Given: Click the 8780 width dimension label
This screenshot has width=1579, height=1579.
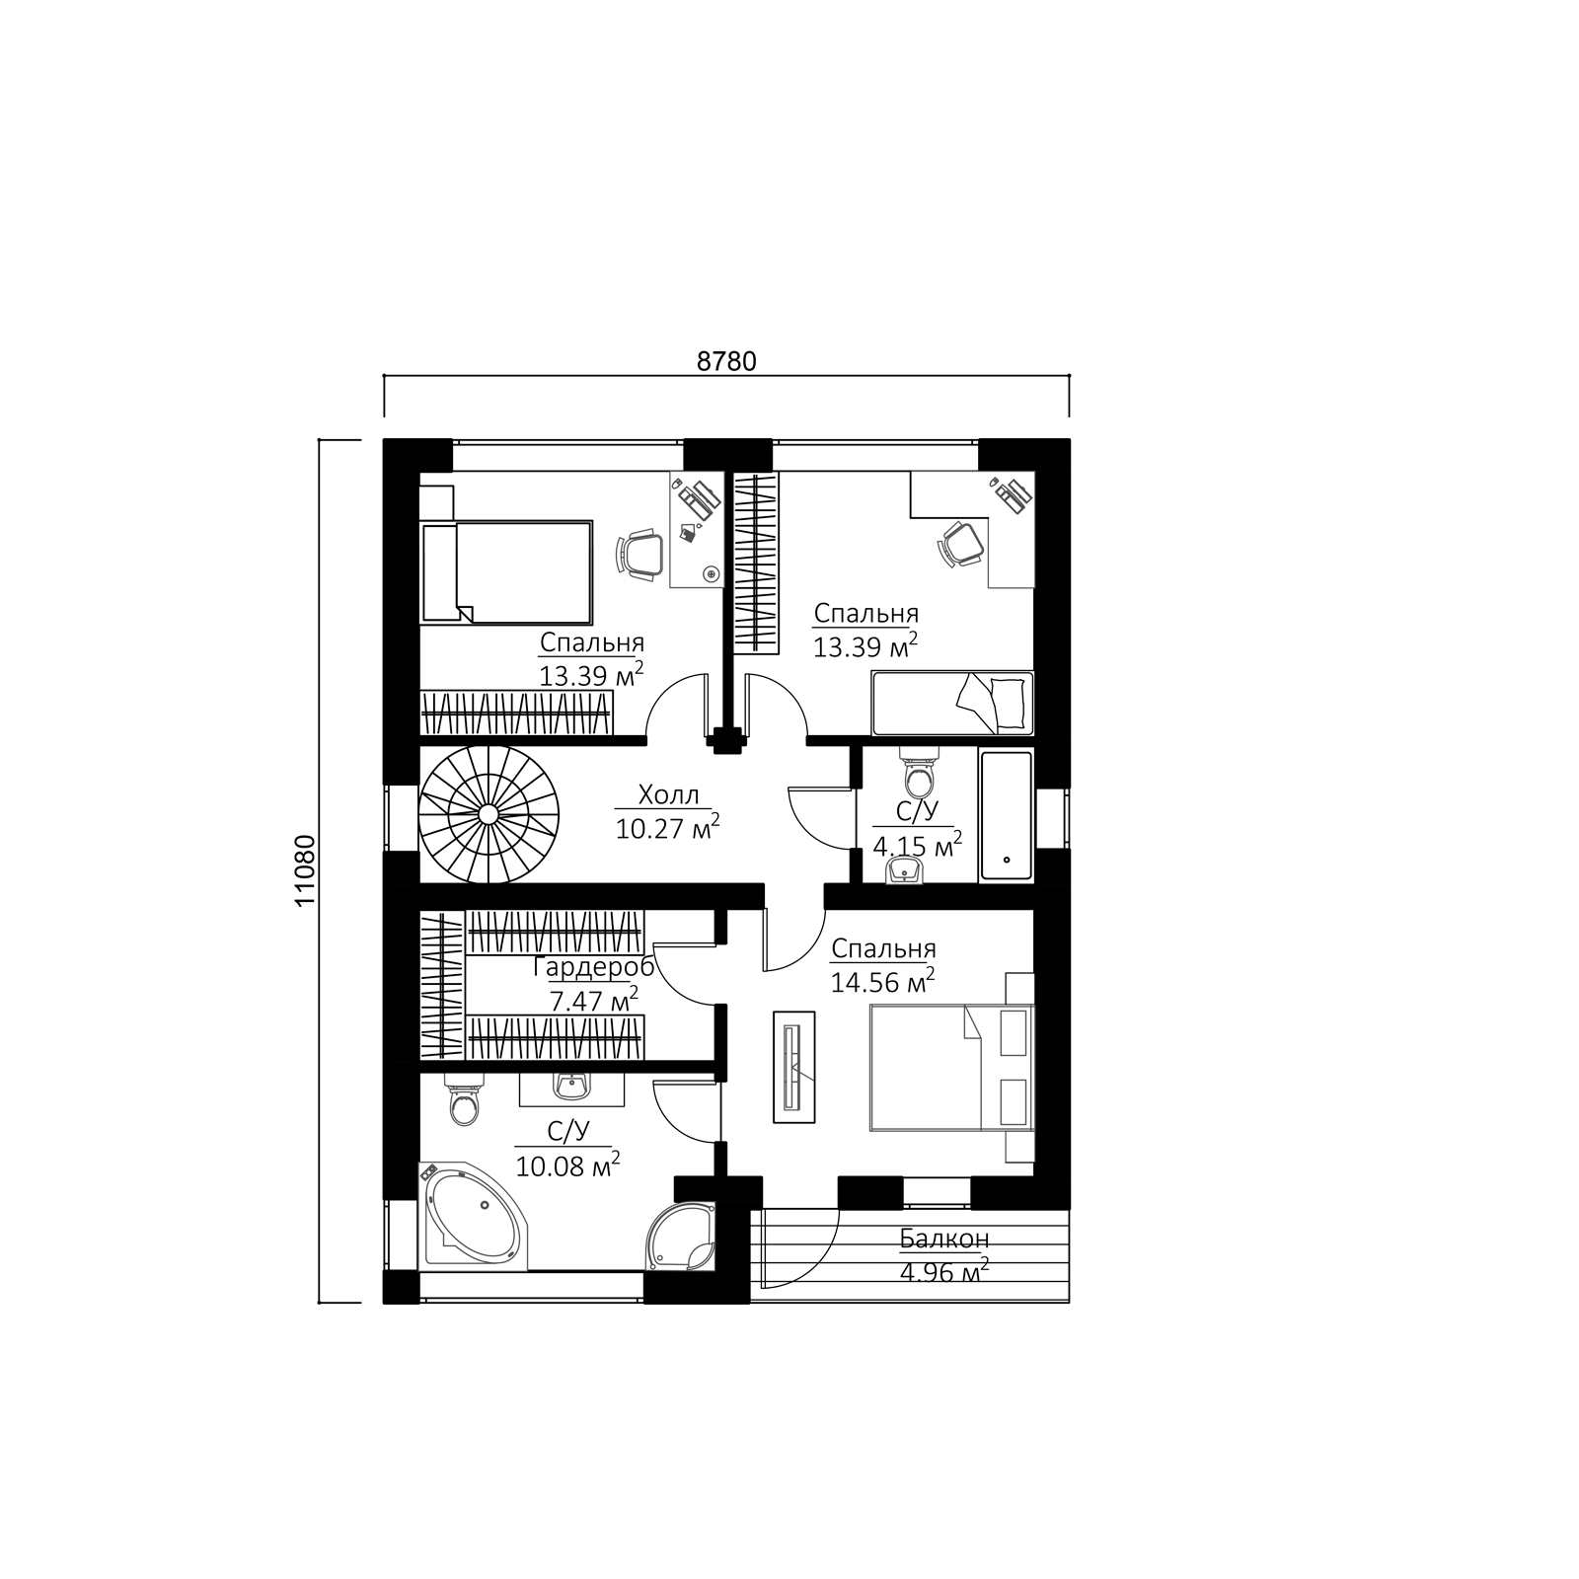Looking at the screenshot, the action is pos(726,361).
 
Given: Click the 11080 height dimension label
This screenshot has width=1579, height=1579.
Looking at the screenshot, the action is pos(305,870).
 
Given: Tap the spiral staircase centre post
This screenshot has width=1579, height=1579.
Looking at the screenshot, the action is pos(488,813).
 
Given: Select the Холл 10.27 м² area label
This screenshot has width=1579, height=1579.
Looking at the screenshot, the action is pos(667,811).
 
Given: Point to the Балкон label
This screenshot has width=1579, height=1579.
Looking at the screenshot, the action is pos(943,1239).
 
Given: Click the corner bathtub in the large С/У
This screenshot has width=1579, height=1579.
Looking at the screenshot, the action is pos(475,1215).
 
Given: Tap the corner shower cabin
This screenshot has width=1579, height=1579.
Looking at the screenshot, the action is pos(680,1235).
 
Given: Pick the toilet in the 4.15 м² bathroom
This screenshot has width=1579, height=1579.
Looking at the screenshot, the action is pos(920,776).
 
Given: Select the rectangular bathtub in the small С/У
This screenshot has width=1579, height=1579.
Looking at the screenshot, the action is pos(1006,815).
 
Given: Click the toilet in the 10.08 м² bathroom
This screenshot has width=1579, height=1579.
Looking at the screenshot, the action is pos(462,1101).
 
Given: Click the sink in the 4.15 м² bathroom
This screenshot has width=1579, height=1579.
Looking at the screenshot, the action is pos(906,870).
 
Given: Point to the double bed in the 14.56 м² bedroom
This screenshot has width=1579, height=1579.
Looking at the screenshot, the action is pos(951,1067).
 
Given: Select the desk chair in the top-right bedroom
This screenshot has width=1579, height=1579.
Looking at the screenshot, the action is pos(959,543).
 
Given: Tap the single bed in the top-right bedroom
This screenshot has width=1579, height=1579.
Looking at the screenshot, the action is pos(952,703).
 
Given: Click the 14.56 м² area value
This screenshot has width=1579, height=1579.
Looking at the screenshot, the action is pos(883,982).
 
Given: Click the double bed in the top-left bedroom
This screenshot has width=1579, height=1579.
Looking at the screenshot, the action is pos(506,572).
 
